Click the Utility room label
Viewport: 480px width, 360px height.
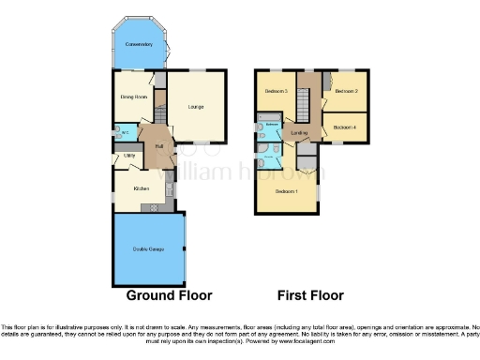pos(128,156)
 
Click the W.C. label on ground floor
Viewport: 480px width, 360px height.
pos(124,132)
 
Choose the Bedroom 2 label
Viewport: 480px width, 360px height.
pos(346,91)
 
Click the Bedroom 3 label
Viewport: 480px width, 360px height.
pos(275,91)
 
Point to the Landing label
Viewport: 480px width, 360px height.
pos(299,133)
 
